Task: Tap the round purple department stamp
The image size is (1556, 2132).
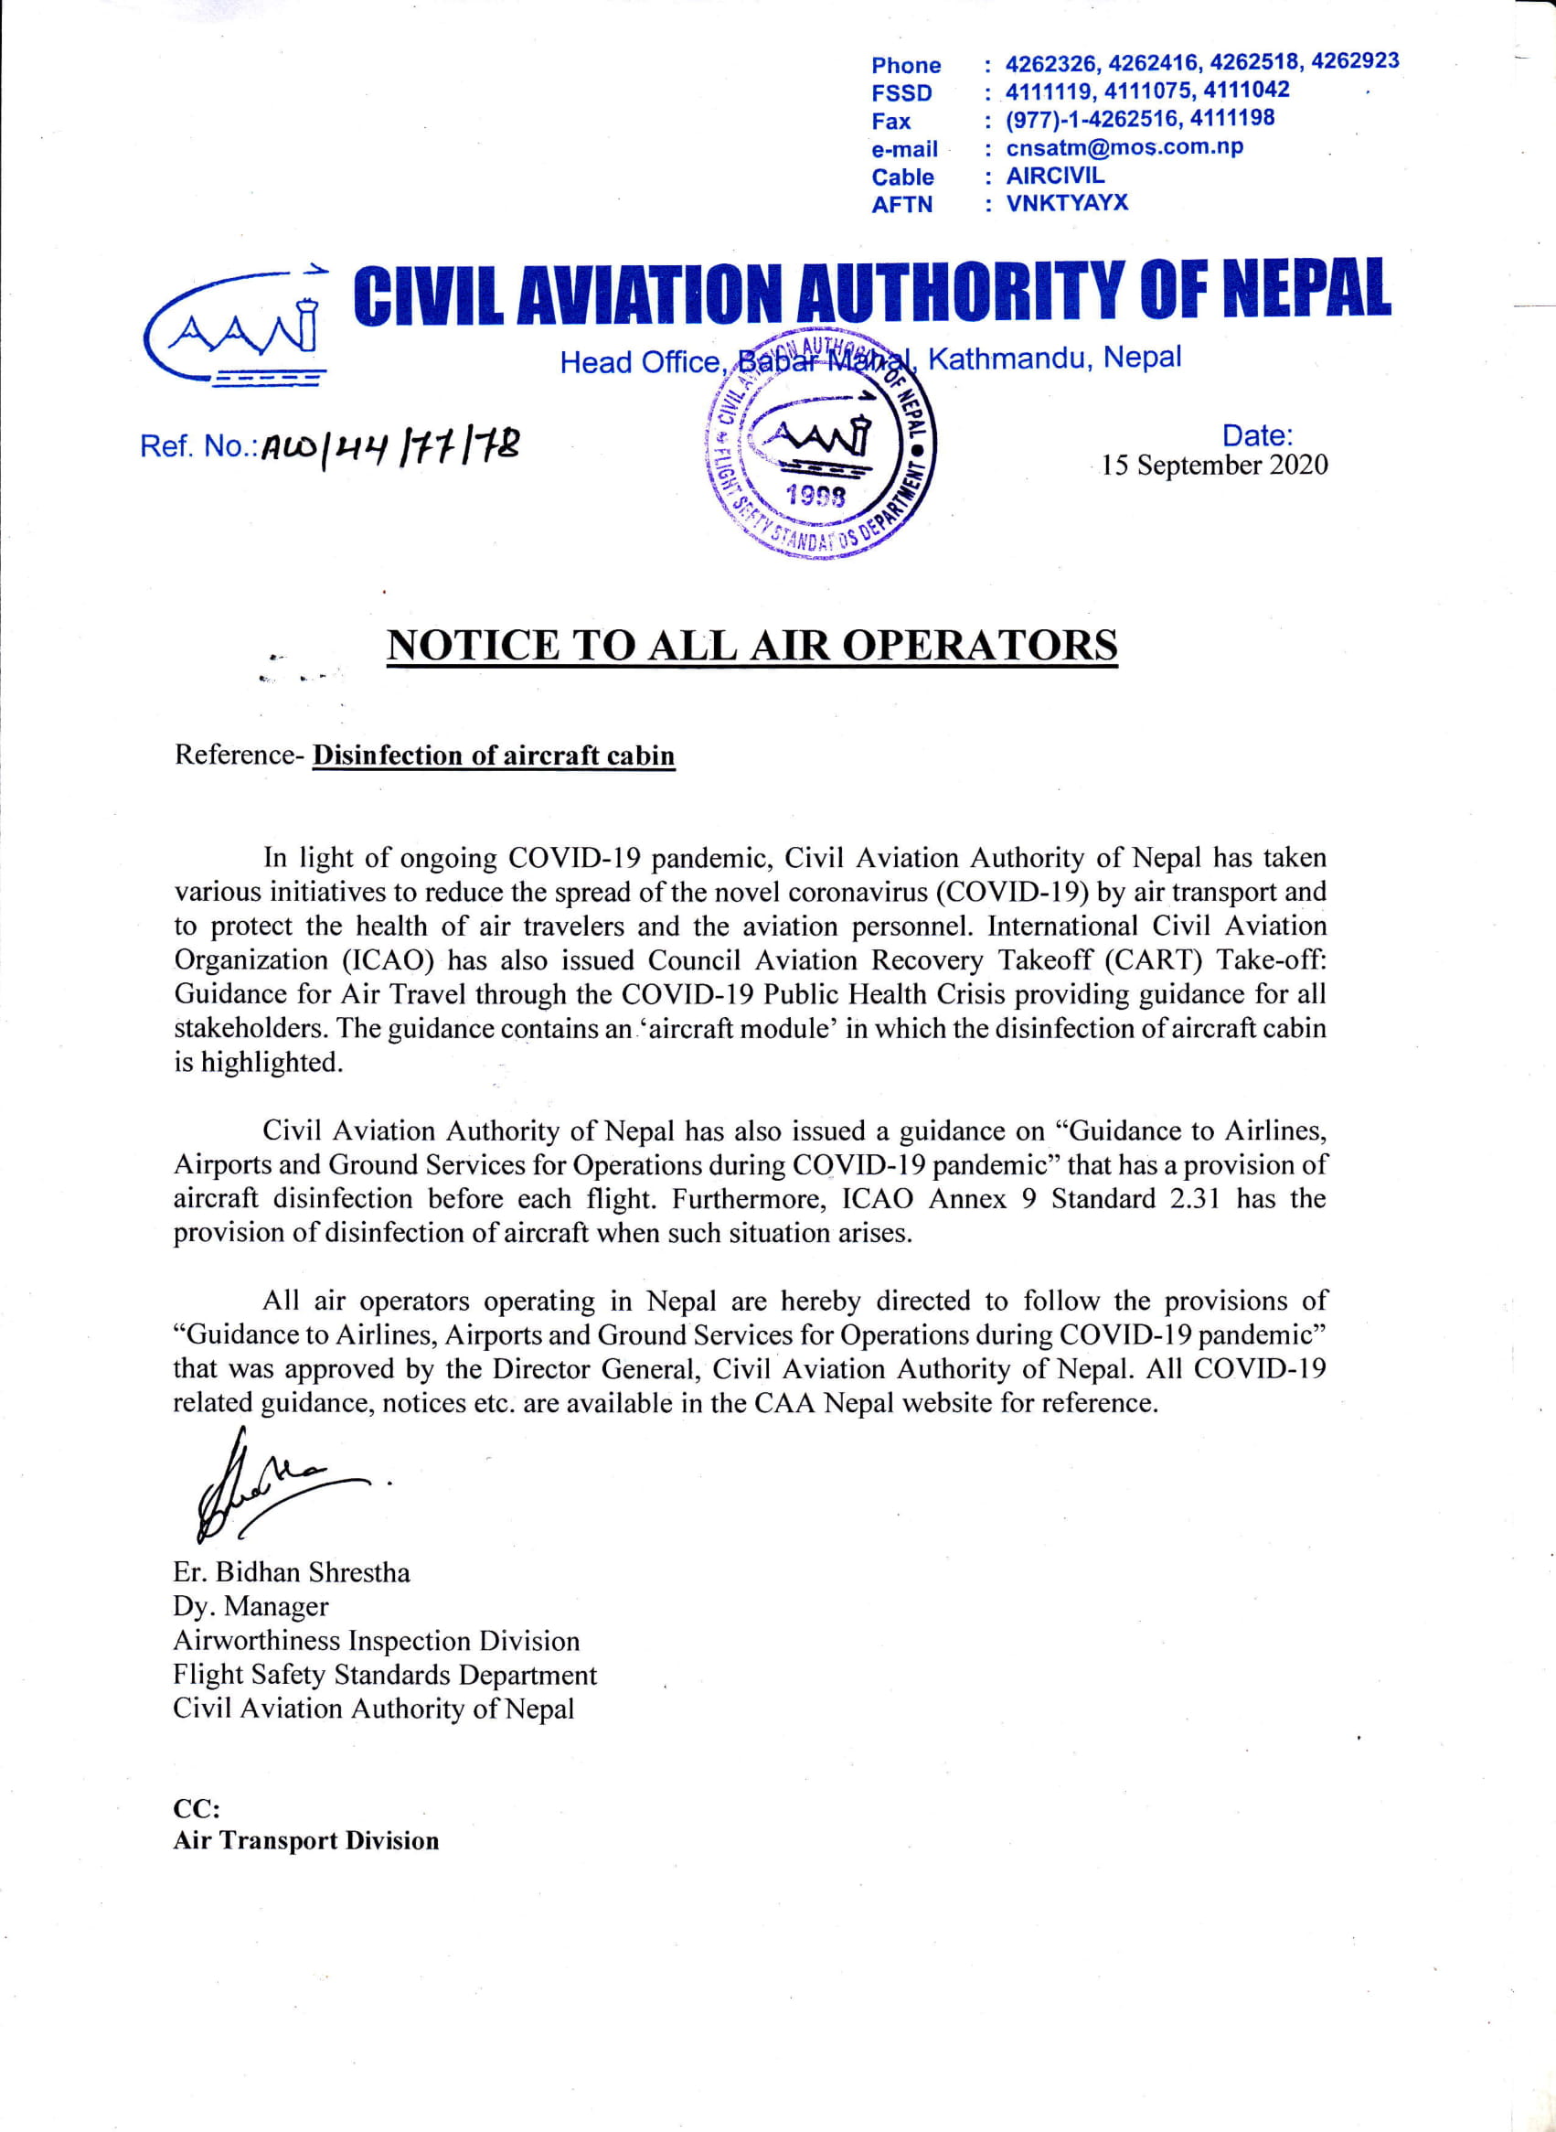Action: (820, 443)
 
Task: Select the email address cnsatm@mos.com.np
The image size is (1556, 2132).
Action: (1124, 147)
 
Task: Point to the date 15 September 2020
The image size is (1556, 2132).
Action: (1214, 466)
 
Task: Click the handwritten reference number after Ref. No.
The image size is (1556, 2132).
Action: (390, 444)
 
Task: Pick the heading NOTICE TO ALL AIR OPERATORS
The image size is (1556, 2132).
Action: (751, 646)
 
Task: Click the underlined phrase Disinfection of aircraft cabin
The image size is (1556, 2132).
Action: (494, 755)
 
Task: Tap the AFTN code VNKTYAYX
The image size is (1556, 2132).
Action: (1066, 202)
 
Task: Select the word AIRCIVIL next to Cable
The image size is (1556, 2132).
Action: (1055, 176)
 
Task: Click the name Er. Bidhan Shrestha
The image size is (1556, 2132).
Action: (291, 1572)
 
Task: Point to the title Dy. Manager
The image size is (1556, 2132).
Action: (250, 1606)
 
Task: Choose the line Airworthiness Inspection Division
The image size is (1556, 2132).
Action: (376, 1640)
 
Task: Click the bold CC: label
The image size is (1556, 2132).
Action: (196, 1809)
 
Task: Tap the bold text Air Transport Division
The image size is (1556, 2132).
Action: (305, 1841)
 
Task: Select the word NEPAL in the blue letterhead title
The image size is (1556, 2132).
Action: (1306, 290)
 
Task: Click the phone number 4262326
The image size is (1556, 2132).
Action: (1050, 64)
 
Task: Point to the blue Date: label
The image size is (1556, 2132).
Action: (1256, 435)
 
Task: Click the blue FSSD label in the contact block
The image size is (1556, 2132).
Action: (901, 92)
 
